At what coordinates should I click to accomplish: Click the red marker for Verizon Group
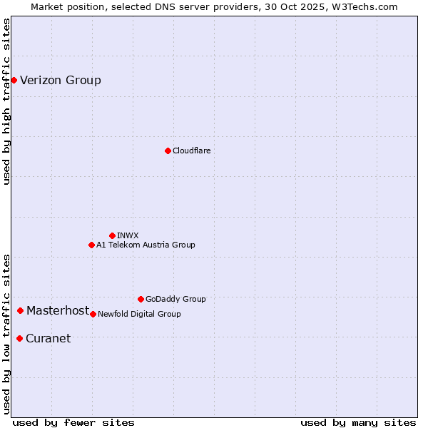14,80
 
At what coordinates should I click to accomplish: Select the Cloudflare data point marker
168,151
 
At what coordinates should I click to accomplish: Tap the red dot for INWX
112,235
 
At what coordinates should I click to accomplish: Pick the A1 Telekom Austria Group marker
91,245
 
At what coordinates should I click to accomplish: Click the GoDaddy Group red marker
141,299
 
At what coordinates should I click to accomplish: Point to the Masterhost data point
20,310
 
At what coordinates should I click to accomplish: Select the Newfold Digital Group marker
93,314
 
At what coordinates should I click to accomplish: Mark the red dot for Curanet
19,338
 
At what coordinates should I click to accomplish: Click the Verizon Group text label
61,80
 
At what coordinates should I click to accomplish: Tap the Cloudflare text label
192,151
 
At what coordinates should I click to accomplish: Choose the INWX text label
128,235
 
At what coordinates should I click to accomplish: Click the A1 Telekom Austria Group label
146,245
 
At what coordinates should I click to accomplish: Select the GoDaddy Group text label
175,299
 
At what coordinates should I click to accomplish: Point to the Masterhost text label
58,310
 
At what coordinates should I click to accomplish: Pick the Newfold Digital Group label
139,314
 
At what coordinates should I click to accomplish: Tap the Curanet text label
48,338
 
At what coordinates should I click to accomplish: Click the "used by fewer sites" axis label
73,422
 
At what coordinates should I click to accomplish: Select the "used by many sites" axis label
358,422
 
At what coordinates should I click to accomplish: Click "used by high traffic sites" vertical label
6,101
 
